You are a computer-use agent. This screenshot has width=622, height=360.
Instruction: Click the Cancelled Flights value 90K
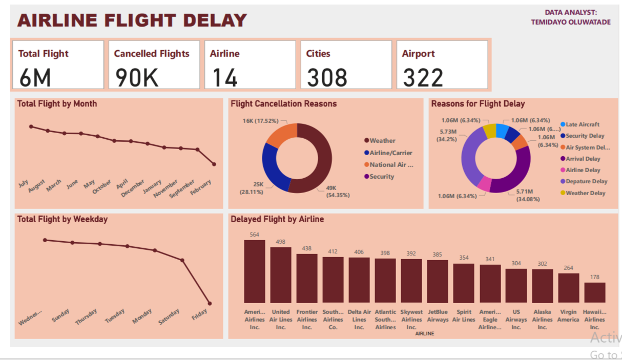137,77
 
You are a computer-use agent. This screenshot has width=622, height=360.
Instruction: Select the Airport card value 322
423,77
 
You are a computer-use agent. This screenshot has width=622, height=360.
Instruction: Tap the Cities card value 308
327,77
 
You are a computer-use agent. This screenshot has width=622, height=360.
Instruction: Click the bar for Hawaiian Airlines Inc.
594,292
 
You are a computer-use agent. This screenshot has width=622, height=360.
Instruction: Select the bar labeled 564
254,271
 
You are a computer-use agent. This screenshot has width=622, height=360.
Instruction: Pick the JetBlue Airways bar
437,281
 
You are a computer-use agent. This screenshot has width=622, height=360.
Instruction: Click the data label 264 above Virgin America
568,268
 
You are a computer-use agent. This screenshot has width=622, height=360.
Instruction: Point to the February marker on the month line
214,164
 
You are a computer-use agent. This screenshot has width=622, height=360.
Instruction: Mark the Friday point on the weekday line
210,303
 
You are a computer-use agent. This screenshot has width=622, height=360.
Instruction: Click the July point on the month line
31,126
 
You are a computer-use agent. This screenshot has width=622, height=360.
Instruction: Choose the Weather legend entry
382,141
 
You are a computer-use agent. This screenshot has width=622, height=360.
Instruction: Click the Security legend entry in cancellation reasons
382,177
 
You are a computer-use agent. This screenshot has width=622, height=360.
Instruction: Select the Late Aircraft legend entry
582,124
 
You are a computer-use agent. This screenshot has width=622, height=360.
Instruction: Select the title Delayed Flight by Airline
277,219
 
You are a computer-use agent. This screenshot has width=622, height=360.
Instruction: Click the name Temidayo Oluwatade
570,22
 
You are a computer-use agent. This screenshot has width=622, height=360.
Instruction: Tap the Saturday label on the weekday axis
169,316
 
